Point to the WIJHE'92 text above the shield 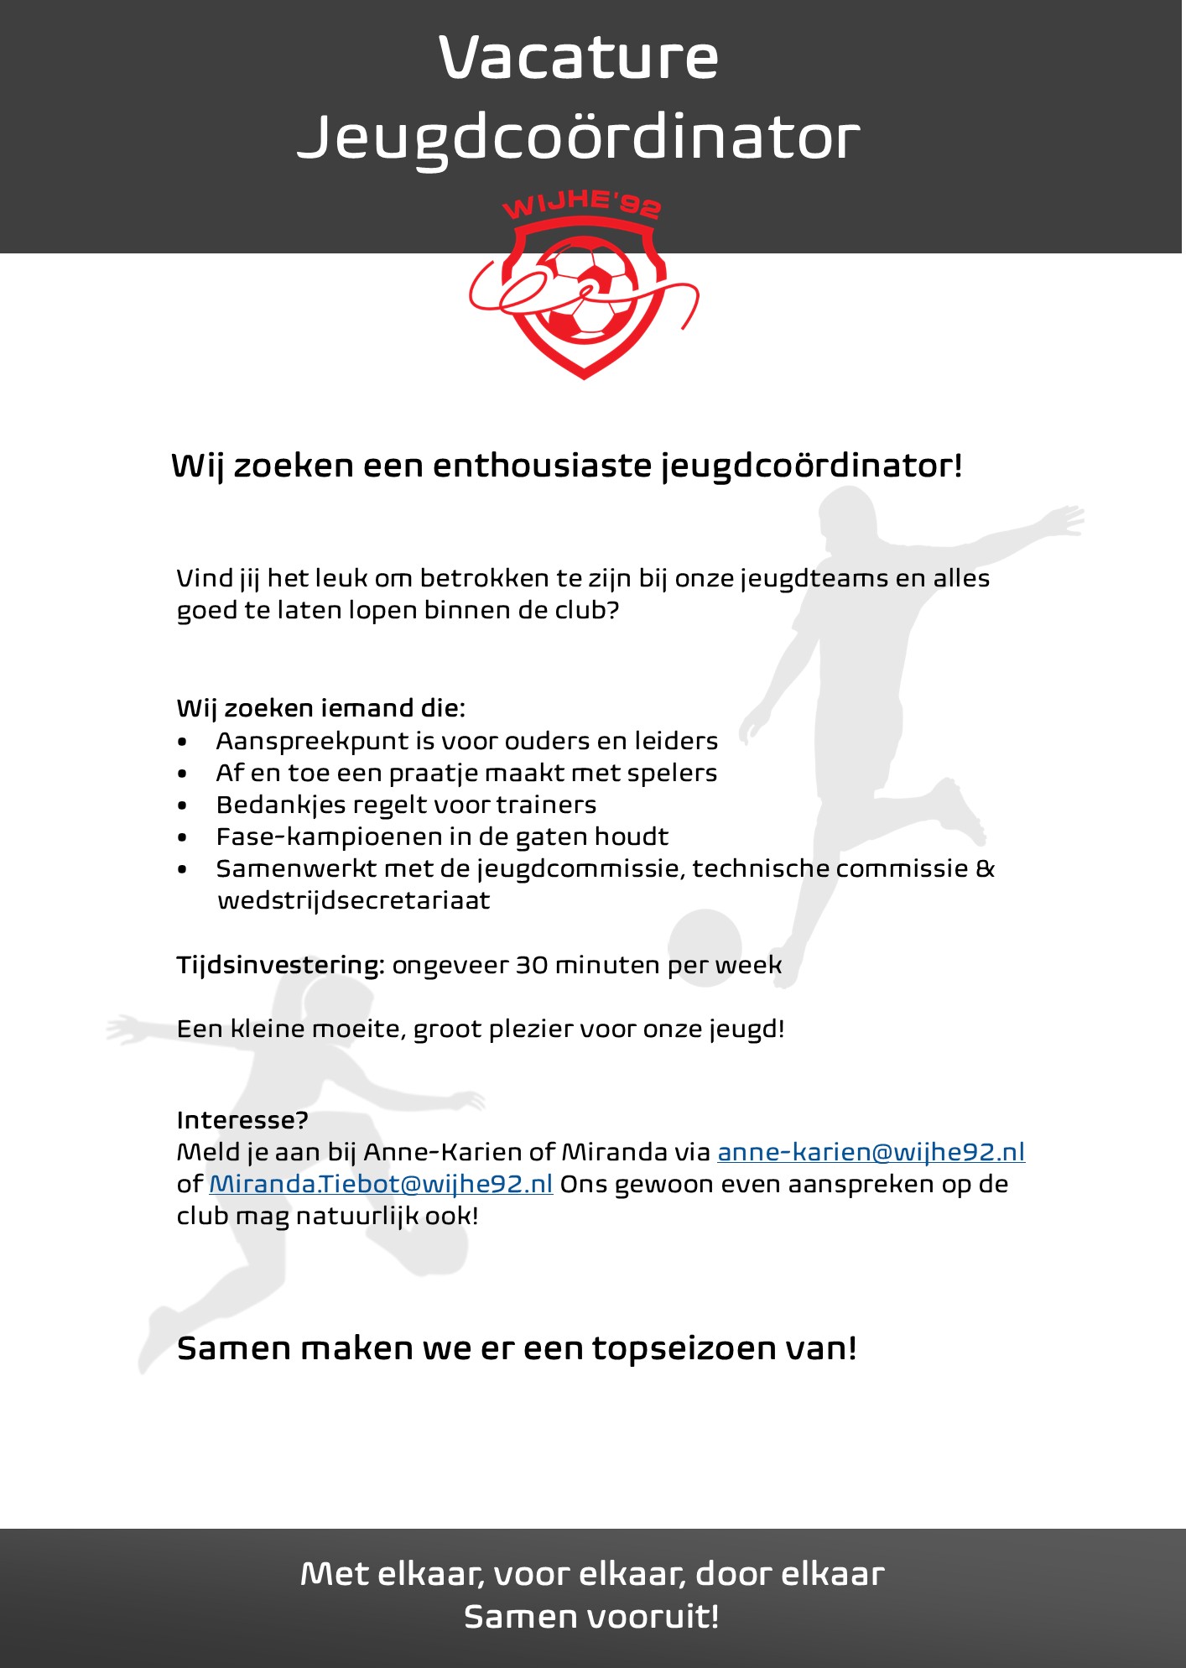pyautogui.click(x=581, y=204)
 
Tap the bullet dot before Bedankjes pyautogui.click(x=183, y=805)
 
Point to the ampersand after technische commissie pyautogui.click(x=986, y=868)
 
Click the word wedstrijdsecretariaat pyautogui.click(x=353, y=900)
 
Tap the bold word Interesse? pyautogui.click(x=242, y=1120)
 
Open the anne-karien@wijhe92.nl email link pyautogui.click(x=871, y=1152)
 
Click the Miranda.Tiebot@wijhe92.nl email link pyautogui.click(x=381, y=1184)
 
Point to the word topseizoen pyautogui.click(x=684, y=1348)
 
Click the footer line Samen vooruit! pyautogui.click(x=591, y=1616)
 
